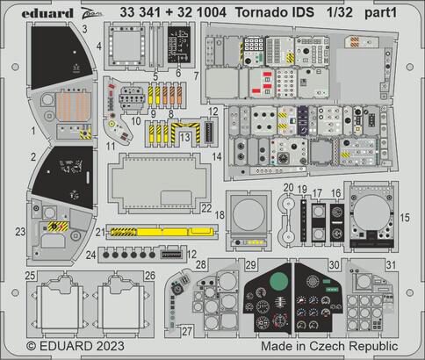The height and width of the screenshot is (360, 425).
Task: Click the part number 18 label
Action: (220, 215)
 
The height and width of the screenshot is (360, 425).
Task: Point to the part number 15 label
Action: (405, 216)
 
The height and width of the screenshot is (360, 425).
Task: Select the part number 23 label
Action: (20, 232)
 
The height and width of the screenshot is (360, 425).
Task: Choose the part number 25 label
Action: (30, 276)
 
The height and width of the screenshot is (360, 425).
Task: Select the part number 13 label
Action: (186, 137)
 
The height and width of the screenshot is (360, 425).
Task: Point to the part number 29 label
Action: (249, 265)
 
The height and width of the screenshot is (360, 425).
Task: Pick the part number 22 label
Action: (205, 208)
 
